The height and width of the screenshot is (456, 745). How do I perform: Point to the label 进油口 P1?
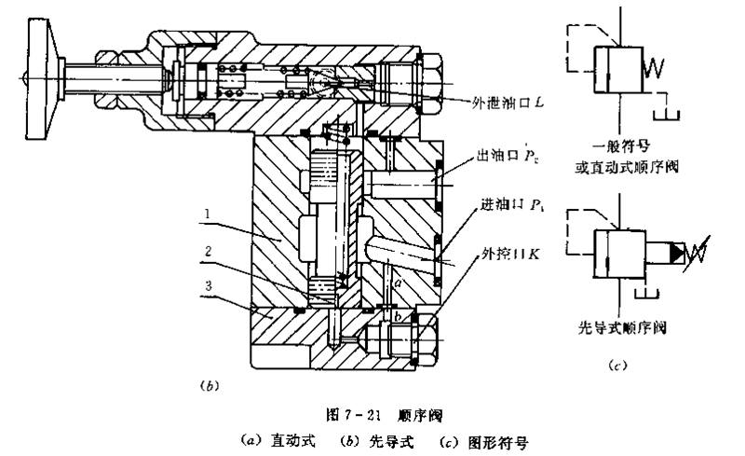(508, 207)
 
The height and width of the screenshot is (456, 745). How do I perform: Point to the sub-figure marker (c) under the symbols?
(613, 364)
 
